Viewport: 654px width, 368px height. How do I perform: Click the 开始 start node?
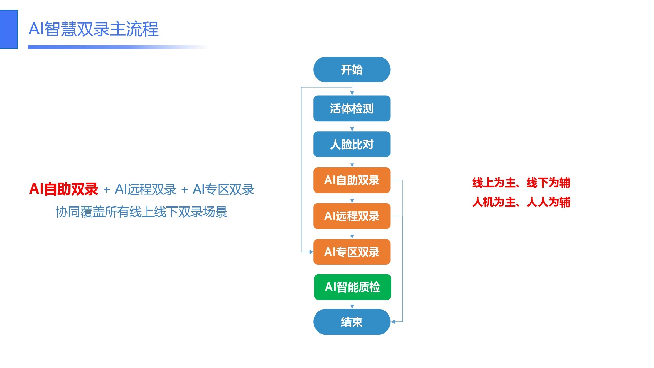(352, 70)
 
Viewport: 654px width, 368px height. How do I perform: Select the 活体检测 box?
(352, 108)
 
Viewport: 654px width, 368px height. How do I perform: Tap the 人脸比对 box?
(352, 144)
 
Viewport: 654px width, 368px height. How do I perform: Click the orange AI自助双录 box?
(352, 180)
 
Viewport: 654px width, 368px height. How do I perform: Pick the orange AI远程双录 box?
(352, 216)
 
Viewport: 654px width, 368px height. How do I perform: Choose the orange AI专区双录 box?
(352, 252)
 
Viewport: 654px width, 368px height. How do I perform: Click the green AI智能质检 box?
(353, 287)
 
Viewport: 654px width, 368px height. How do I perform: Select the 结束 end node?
(352, 322)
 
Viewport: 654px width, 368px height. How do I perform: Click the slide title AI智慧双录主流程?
(94, 29)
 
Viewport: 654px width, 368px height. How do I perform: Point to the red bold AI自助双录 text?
(64, 189)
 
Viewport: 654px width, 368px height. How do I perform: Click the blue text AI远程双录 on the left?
(146, 189)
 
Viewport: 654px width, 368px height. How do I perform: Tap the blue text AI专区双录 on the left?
(223, 189)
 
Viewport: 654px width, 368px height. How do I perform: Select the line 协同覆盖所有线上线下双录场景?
(141, 212)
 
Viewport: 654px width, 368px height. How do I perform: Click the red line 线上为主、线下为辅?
(521, 183)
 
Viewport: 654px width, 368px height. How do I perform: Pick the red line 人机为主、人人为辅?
(521, 202)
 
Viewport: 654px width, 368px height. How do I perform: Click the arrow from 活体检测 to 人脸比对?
(352, 126)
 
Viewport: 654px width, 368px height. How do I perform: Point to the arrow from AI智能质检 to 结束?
(352, 305)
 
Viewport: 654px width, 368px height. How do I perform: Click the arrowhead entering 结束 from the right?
(393, 322)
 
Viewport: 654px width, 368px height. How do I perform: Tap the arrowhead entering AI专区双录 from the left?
(311, 252)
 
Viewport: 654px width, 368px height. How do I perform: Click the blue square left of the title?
(9, 29)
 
